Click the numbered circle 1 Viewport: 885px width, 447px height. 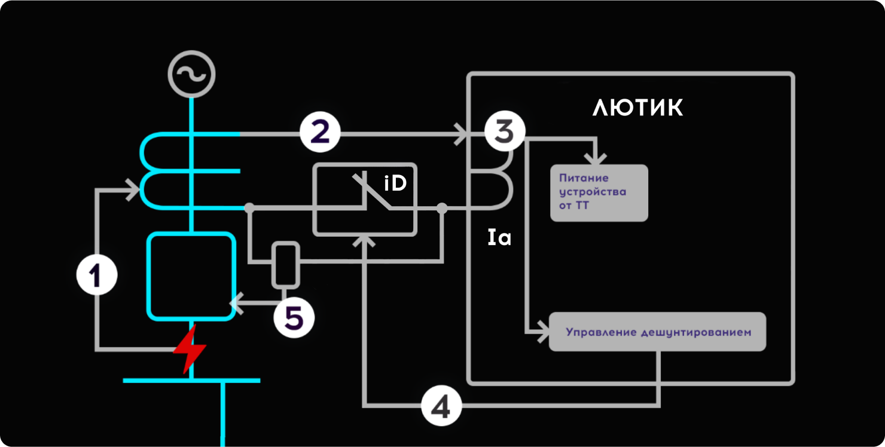point(97,275)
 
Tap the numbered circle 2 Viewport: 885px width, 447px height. point(320,133)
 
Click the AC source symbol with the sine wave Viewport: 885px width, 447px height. point(191,75)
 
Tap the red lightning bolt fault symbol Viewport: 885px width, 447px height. point(190,350)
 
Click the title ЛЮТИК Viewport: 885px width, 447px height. point(637,108)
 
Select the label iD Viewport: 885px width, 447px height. point(395,183)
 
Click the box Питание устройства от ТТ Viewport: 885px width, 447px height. point(599,192)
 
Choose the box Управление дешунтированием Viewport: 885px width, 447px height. point(657,332)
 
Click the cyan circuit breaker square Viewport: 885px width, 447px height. point(191,276)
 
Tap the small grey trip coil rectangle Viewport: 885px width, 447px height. point(285,264)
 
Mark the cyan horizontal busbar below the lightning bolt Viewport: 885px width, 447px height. point(191,380)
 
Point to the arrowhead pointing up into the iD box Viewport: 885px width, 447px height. point(364,240)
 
